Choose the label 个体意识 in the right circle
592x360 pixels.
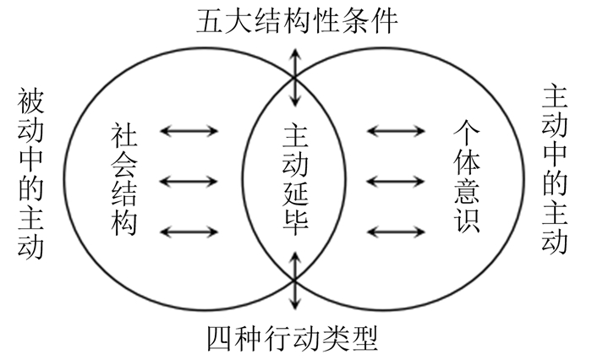(466, 179)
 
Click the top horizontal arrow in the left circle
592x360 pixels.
(189, 131)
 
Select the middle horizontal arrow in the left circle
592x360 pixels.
(189, 181)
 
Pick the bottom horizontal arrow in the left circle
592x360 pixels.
(189, 230)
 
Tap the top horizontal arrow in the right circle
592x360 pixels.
(397, 131)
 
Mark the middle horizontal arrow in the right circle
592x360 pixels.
(397, 181)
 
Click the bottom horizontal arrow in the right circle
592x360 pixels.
(397, 230)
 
